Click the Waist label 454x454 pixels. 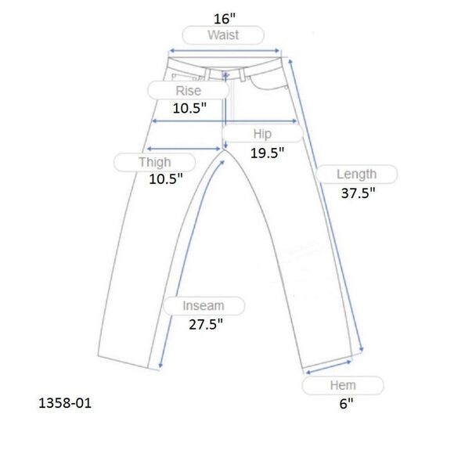223,35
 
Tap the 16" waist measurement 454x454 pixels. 225,19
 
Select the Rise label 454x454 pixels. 188,91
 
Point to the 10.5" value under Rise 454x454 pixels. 189,108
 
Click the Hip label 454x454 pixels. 262,134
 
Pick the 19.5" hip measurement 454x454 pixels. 267,153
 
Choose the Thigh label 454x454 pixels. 155,162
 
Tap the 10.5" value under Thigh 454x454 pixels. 166,179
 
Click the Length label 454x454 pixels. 356,175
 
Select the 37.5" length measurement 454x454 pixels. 359,193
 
